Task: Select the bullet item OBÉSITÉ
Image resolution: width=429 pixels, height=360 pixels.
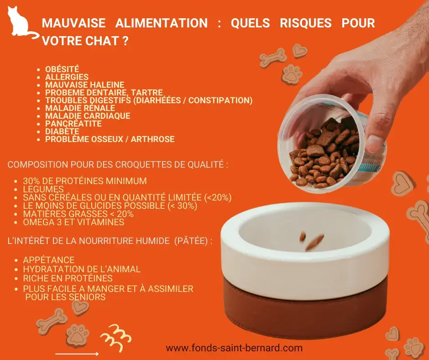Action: point(62,69)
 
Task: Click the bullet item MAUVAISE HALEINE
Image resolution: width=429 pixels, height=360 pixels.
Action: point(84,85)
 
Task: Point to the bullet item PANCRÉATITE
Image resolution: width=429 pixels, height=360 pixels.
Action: point(73,123)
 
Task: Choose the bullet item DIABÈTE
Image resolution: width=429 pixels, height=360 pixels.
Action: point(62,131)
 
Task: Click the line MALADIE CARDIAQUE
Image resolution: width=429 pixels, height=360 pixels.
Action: point(88,116)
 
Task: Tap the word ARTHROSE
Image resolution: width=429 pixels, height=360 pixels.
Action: point(152,139)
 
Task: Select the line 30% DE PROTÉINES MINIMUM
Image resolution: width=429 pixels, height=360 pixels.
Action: point(85,181)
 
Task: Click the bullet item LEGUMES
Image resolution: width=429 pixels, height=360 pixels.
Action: point(43,189)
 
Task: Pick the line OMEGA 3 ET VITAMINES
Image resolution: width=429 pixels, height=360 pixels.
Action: point(73,222)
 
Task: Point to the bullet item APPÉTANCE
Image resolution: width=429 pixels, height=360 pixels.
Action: point(49,260)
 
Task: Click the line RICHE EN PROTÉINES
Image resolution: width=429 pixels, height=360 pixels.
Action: point(68,278)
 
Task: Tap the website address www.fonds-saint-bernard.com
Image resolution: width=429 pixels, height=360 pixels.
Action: point(234,348)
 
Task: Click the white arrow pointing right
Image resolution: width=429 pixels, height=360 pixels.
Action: point(77,354)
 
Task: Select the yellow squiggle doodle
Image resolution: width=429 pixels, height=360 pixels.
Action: point(115,337)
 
